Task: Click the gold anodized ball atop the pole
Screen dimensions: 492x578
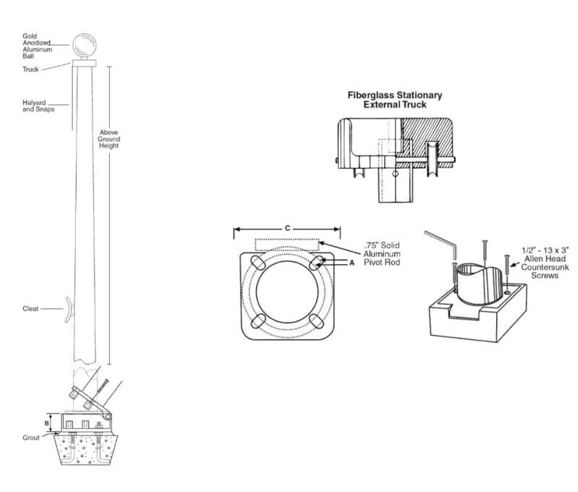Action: point(84,46)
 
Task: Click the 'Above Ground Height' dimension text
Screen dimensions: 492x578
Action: point(109,139)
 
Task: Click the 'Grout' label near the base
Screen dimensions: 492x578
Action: point(31,438)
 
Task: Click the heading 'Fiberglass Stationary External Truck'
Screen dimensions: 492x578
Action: point(394,100)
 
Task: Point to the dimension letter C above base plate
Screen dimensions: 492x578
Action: point(288,228)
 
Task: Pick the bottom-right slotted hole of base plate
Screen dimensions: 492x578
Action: point(316,321)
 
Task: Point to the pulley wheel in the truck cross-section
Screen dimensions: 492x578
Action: point(432,159)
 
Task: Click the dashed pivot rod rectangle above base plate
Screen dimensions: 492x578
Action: point(287,242)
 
